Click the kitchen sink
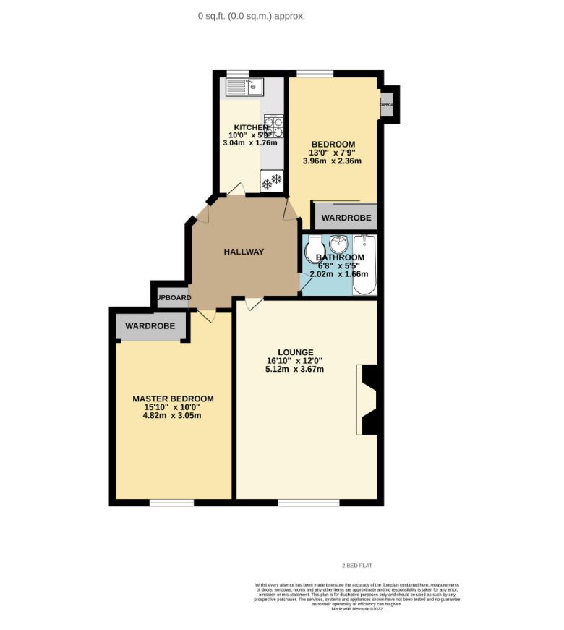click(x=244, y=88)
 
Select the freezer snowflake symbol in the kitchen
click(x=271, y=182)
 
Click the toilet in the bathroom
click(x=314, y=252)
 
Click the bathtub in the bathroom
click(x=364, y=265)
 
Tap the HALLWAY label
click(x=243, y=252)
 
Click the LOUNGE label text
click(x=295, y=352)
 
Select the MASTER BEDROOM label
click(x=173, y=399)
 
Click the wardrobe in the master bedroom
click(x=150, y=327)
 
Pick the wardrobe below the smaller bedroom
click(x=346, y=217)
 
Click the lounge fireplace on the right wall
click(x=369, y=400)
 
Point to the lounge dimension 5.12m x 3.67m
click(x=294, y=369)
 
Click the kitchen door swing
click(x=234, y=190)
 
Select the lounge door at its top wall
click(x=252, y=304)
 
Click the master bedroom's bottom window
click(x=171, y=502)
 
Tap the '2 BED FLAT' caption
click(x=356, y=566)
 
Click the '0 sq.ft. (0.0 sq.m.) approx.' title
click(x=252, y=16)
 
